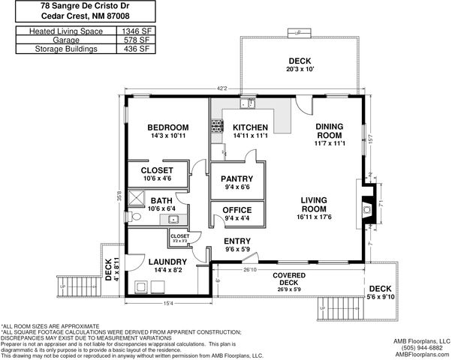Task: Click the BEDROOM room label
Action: click(167, 127)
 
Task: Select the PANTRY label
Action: click(236, 178)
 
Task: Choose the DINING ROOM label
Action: click(330, 130)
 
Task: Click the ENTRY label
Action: click(237, 241)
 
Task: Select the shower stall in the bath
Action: click(137, 196)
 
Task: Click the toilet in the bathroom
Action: click(136, 217)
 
